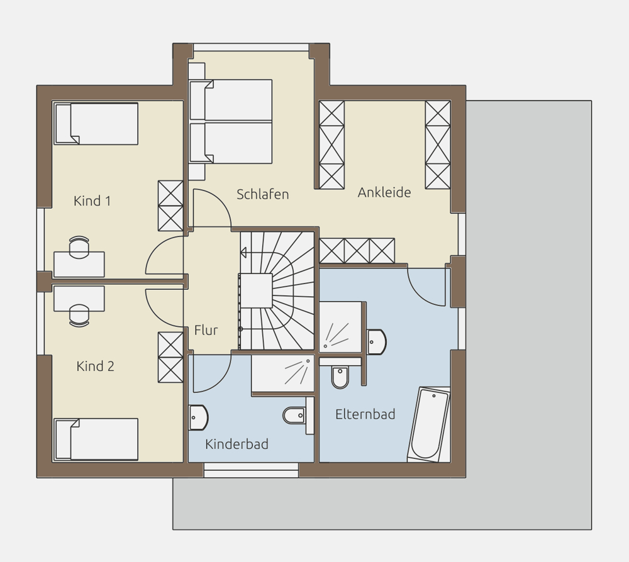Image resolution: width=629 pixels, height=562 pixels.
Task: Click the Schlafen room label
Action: [263, 194]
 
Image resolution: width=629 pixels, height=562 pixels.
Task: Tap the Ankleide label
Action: [384, 192]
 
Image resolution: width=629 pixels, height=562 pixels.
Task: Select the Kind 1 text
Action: [92, 201]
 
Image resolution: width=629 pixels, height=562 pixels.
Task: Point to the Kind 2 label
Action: [96, 366]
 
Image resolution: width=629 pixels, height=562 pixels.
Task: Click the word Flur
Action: [206, 330]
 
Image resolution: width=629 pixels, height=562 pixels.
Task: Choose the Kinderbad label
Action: [237, 444]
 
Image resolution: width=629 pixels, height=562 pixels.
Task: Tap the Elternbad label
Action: [365, 414]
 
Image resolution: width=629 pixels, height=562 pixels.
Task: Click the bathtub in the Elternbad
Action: [428, 424]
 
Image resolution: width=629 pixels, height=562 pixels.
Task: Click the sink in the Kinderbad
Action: [198, 417]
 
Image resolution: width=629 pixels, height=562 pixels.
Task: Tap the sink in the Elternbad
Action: [376, 342]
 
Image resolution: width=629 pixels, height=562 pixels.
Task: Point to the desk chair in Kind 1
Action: [79, 247]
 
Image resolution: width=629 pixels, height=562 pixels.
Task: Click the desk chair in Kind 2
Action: [79, 316]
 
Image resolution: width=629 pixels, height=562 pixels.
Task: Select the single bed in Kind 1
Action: [96, 123]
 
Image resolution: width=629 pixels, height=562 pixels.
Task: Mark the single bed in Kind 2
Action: [96, 439]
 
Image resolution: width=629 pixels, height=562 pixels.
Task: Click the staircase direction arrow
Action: [243, 253]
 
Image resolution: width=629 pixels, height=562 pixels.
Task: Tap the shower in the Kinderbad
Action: [283, 373]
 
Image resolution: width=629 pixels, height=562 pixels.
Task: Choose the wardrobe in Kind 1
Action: [170, 206]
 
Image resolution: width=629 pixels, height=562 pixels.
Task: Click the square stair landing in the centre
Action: [255, 290]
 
